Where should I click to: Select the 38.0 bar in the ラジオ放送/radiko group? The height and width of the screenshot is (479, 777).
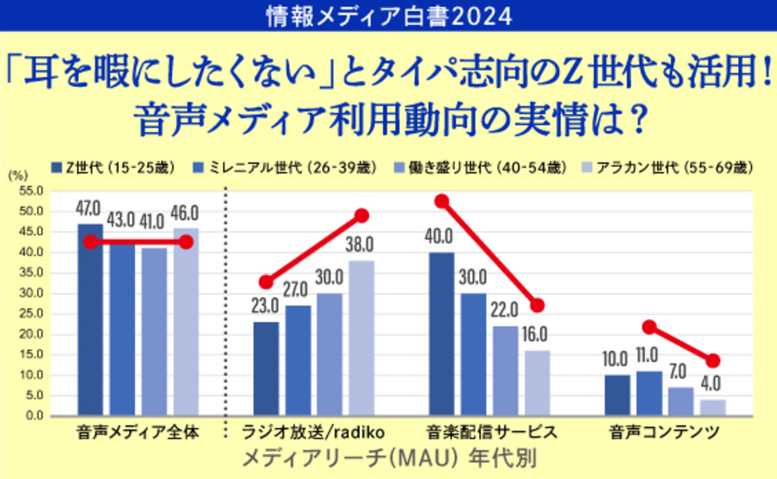tap(361, 338)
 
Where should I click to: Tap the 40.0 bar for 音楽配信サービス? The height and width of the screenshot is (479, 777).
tap(442, 334)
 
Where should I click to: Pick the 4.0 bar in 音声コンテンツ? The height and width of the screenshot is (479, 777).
tap(713, 408)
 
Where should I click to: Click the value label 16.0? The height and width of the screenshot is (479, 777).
tap(535, 335)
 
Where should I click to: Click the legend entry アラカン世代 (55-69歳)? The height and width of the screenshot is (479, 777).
tap(668, 168)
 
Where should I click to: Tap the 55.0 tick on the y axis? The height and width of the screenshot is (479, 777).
tap(31, 191)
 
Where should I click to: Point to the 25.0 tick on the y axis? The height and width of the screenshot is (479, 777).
tap(31, 314)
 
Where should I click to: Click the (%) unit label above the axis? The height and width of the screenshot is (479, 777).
tap(18, 176)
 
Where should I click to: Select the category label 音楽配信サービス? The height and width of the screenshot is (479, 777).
tap(491, 432)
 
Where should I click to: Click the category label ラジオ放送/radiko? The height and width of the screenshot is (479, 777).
tap(313, 432)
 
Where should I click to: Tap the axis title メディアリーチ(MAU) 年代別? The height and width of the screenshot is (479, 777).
tap(388, 458)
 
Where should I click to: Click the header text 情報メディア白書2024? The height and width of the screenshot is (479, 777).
tap(388, 16)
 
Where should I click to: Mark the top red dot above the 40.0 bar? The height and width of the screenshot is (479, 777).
tap(442, 201)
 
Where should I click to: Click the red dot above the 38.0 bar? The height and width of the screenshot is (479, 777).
tap(362, 216)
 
